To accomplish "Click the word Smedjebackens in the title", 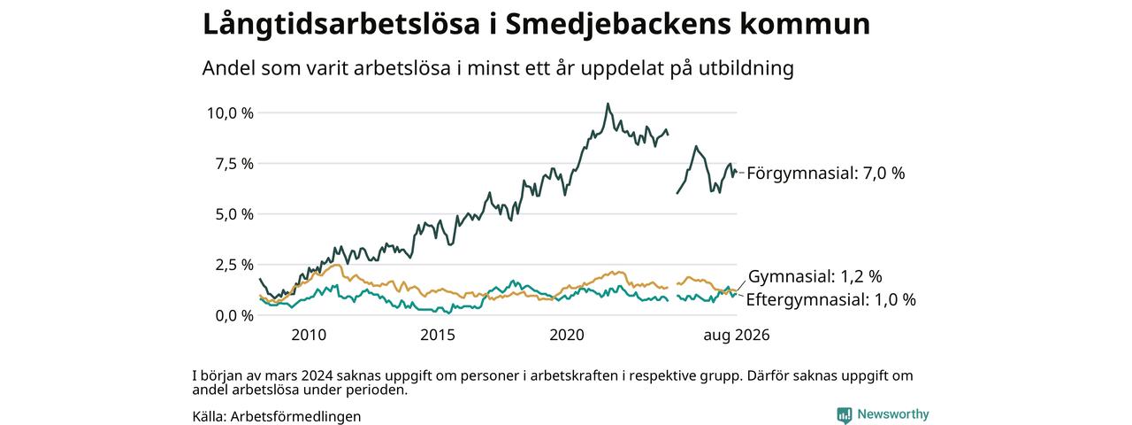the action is pyautogui.click(x=618, y=24).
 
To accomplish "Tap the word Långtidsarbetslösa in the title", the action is pyautogui.click(x=341, y=24).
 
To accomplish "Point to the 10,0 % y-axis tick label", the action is pyautogui.click(x=230, y=112).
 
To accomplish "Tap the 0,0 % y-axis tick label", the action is pyautogui.click(x=234, y=315).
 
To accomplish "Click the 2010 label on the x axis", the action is pyautogui.click(x=309, y=335).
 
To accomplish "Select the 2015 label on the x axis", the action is pyautogui.click(x=438, y=335).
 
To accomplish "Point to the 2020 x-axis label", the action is pyautogui.click(x=567, y=335).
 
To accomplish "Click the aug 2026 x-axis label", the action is pyautogui.click(x=737, y=335).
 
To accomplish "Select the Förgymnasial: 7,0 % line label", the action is pyautogui.click(x=826, y=173).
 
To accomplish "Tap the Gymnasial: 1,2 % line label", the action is pyautogui.click(x=815, y=276).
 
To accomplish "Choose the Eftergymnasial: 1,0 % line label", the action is pyautogui.click(x=830, y=299).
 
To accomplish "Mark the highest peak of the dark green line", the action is pyautogui.click(x=608, y=104).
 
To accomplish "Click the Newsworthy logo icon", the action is pyautogui.click(x=844, y=415).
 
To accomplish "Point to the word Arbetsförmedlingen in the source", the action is pyautogui.click(x=295, y=416).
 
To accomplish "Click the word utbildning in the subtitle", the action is pyautogui.click(x=746, y=68).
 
